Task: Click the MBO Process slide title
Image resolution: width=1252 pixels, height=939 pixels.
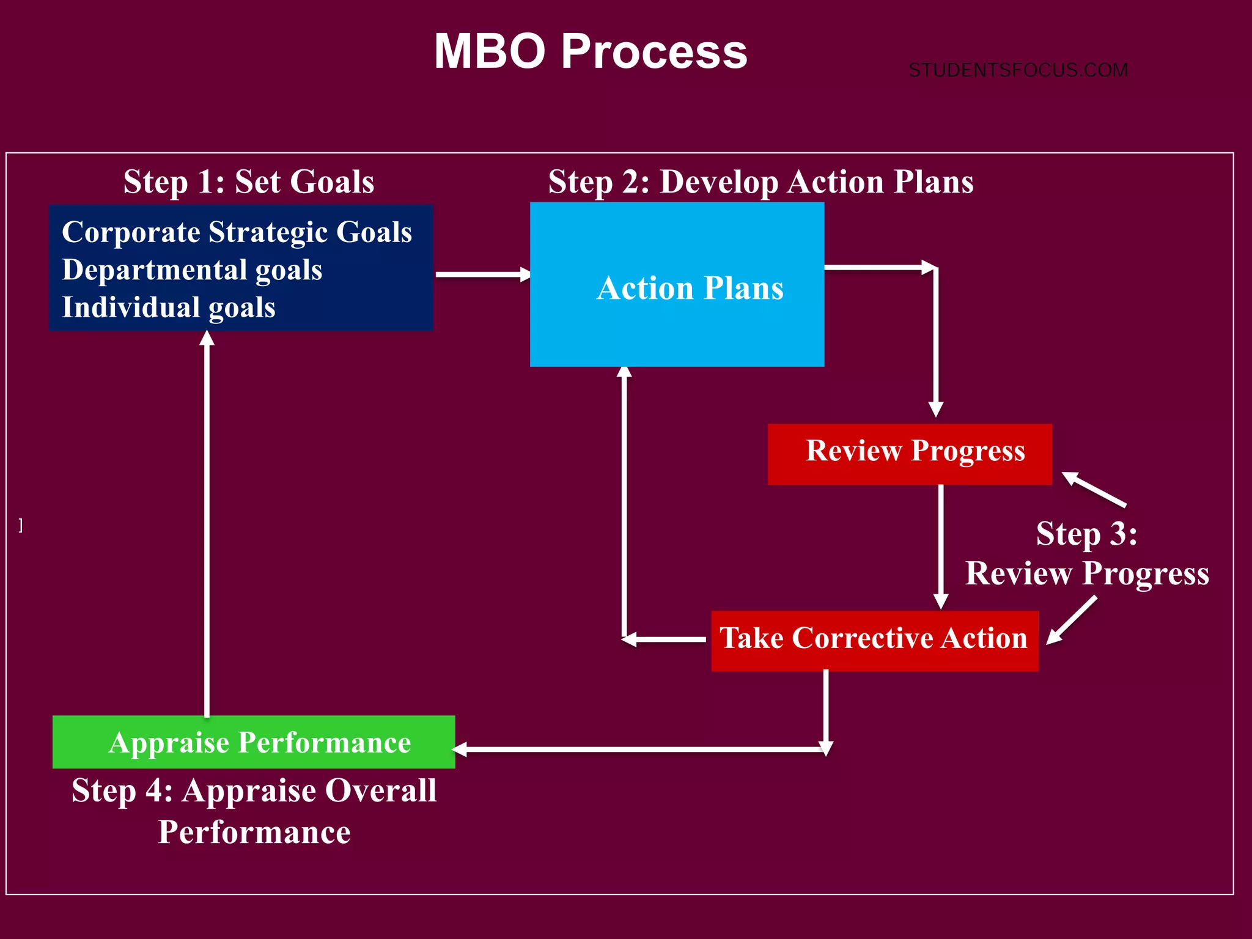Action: coord(591,51)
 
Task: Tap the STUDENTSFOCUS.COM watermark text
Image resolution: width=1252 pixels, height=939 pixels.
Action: coord(1018,70)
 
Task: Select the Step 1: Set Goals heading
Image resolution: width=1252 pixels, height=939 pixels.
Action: coord(249,182)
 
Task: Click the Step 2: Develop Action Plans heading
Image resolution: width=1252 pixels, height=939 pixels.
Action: coord(760,182)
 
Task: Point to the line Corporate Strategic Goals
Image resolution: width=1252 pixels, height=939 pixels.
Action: coord(237,232)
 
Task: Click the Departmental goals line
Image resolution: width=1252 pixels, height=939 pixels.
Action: coord(192,270)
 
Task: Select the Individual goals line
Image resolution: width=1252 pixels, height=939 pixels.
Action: coord(169,307)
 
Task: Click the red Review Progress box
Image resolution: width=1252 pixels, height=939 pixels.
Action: coord(910,454)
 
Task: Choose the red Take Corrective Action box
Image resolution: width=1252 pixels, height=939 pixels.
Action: coord(874,640)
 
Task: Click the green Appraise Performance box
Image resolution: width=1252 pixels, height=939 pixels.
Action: coord(254,742)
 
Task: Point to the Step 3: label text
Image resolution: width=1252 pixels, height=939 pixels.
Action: coord(1086,533)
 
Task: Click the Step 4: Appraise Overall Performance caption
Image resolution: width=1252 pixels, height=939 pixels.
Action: coord(254,811)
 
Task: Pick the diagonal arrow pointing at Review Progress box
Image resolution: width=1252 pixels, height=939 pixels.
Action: coord(1094,490)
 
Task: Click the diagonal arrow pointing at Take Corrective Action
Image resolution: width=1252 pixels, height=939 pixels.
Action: coord(1072,620)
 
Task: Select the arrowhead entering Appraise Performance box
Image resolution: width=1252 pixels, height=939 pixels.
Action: coord(460,749)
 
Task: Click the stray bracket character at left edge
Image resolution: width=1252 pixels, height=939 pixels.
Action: coord(21,525)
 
